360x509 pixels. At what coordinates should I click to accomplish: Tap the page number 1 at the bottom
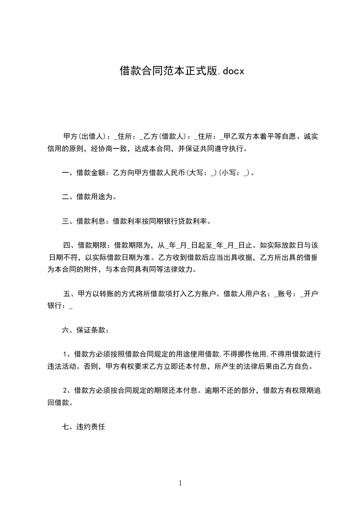click(x=180, y=483)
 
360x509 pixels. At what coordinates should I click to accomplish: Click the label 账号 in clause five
click(x=285, y=294)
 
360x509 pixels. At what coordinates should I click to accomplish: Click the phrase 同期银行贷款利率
click(x=178, y=222)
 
